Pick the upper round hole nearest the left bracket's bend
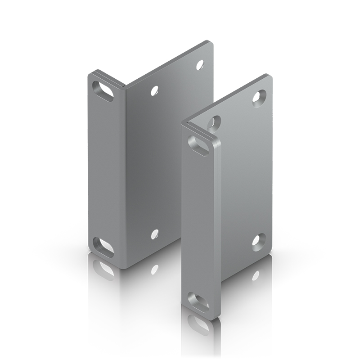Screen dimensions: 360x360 tap(155, 90)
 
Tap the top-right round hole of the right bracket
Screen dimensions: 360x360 tap(259, 97)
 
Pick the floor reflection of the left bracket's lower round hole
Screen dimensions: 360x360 tap(154, 269)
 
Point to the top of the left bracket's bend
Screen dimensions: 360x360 tap(124, 84)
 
